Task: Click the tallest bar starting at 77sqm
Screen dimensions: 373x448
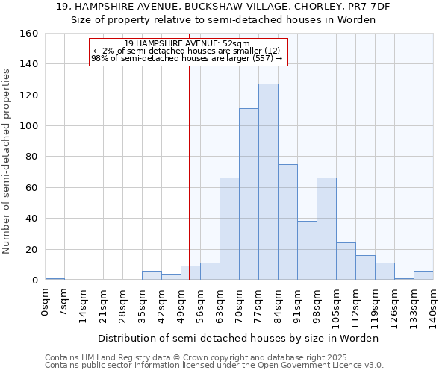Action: pos(268,182)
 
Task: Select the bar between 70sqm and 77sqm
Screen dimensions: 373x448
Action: pos(249,194)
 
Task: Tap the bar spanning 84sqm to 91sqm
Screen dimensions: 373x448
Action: pos(287,222)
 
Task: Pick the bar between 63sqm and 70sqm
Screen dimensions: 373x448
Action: pos(229,229)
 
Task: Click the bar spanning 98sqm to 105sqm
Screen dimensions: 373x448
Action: pos(326,229)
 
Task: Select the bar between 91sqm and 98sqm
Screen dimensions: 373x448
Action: pos(307,251)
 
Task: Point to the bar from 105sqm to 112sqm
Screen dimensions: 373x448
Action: pos(346,262)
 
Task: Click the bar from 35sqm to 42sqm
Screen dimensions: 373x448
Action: pos(152,275)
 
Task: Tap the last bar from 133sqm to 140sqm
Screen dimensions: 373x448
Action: pos(423,275)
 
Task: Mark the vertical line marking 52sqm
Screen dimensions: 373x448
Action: pos(189,172)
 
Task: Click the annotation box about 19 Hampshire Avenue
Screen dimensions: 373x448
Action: pos(187,51)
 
